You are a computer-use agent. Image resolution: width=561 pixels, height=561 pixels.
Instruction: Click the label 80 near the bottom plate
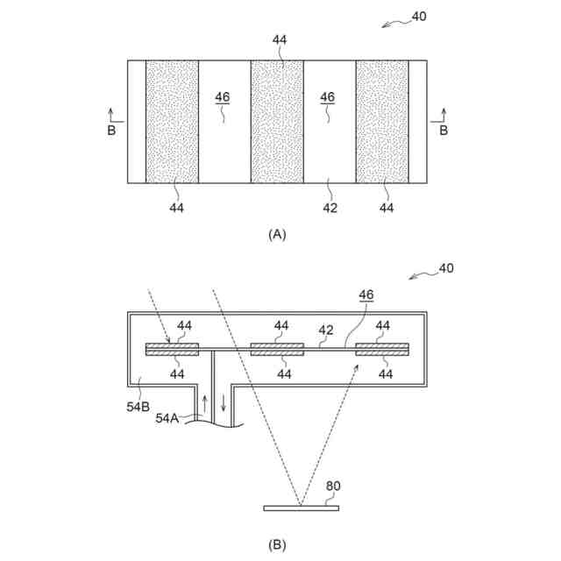[x=333, y=486]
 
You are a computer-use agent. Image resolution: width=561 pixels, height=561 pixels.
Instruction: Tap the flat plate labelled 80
[x=302, y=508]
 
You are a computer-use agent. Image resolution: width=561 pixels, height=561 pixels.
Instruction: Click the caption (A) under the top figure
[x=277, y=234]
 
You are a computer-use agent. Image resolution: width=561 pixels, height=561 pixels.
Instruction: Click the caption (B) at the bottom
[x=277, y=545]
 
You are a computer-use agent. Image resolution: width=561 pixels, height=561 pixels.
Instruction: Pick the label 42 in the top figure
[x=330, y=208]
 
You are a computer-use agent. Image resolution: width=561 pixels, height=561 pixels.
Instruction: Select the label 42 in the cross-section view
[x=325, y=330]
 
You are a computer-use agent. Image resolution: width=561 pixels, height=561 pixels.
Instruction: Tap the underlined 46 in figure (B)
[x=366, y=295]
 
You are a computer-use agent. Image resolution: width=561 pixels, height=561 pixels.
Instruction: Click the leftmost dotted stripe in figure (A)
[x=172, y=122]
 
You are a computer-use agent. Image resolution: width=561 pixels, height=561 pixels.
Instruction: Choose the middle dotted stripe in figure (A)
[x=277, y=122]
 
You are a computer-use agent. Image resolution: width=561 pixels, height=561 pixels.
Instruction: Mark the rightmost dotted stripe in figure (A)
[x=382, y=122]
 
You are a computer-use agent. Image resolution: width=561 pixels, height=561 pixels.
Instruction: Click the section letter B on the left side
[x=110, y=131]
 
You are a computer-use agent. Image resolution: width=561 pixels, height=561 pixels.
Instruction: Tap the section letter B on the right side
[x=444, y=131]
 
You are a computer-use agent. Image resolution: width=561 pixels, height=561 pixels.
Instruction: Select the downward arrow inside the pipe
[x=223, y=404]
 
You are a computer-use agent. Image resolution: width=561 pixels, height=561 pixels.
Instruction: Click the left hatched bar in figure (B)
[x=172, y=349]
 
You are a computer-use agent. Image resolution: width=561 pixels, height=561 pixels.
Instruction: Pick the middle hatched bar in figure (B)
[x=277, y=349]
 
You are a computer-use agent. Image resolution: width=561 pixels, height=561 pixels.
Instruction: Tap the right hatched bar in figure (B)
[x=382, y=349]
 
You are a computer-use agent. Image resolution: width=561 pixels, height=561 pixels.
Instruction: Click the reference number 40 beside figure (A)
[x=419, y=17]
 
